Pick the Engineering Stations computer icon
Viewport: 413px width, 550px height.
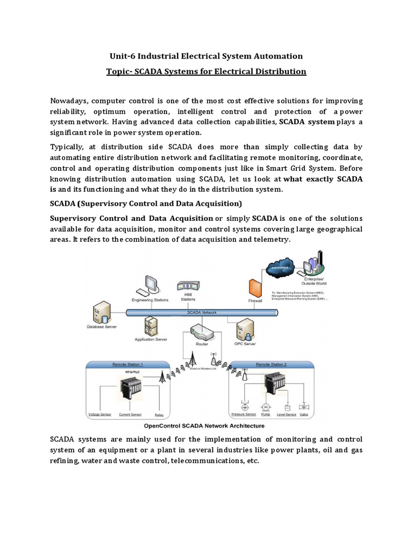(151, 285)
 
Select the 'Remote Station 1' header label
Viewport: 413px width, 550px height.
(127, 364)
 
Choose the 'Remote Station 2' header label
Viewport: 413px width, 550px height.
(270, 364)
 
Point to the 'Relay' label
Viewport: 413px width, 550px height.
(159, 414)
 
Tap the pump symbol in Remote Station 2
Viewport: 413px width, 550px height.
(265, 407)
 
